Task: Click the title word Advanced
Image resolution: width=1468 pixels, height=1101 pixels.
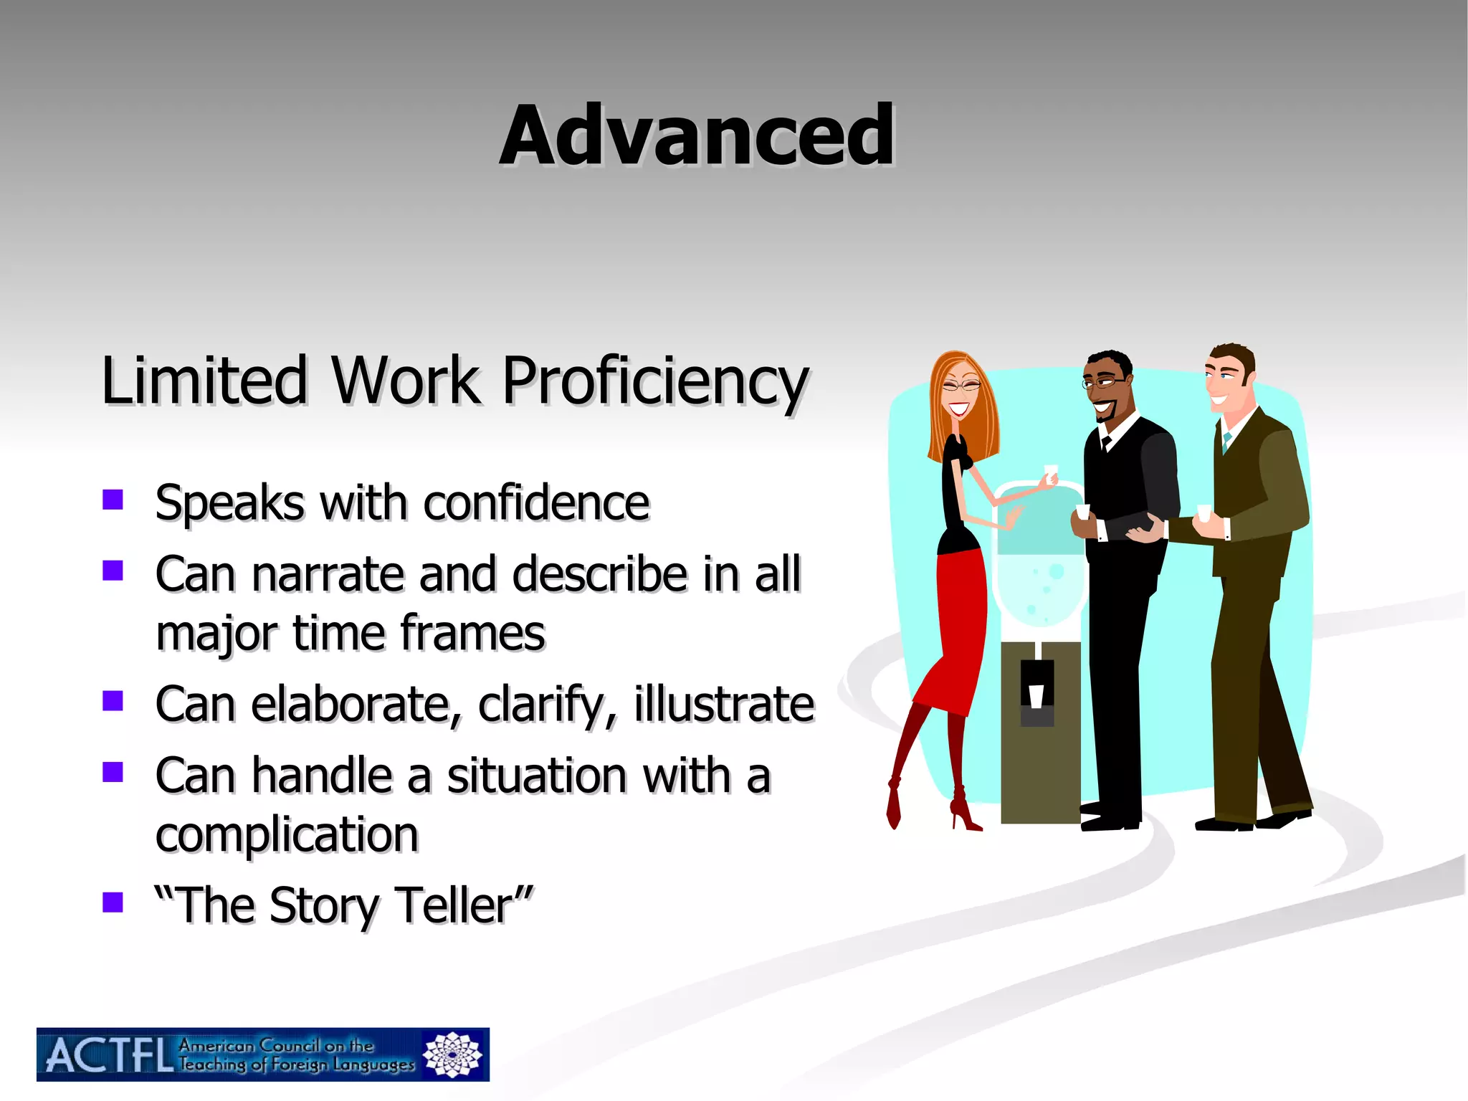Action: click(697, 135)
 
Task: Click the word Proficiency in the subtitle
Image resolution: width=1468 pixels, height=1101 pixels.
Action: click(654, 381)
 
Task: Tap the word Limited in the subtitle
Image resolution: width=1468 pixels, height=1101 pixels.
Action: click(204, 381)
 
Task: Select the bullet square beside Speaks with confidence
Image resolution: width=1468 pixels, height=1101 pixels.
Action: click(113, 499)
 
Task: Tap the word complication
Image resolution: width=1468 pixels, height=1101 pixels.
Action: click(287, 835)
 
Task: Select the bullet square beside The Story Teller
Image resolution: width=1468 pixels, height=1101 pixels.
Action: click(113, 902)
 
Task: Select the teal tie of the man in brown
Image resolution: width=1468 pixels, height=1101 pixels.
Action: click(1227, 441)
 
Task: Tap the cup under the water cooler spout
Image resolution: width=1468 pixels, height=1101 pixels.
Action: click(1036, 695)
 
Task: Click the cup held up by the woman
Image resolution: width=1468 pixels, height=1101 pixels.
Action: click(1051, 472)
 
